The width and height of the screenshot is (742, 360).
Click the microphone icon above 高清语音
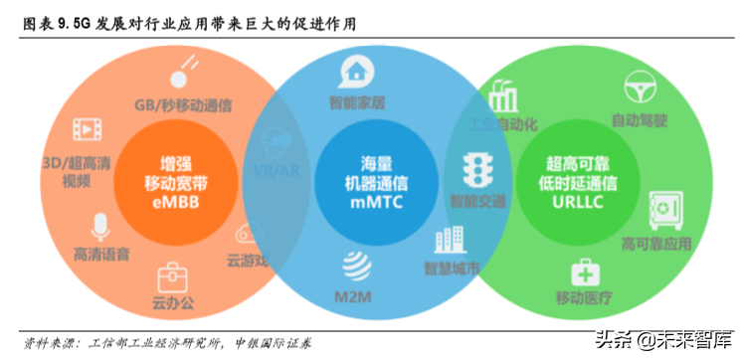[100, 225]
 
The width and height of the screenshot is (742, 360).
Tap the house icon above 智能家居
[355, 70]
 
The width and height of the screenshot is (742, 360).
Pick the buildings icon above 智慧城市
[451, 240]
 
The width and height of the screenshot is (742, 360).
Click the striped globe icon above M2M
[355, 267]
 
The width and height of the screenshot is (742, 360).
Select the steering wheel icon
[639, 87]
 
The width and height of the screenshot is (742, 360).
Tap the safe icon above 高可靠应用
[662, 208]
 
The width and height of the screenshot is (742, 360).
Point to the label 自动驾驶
[639, 121]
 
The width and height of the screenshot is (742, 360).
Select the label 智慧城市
[453, 270]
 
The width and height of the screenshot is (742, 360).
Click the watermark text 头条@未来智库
[662, 339]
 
